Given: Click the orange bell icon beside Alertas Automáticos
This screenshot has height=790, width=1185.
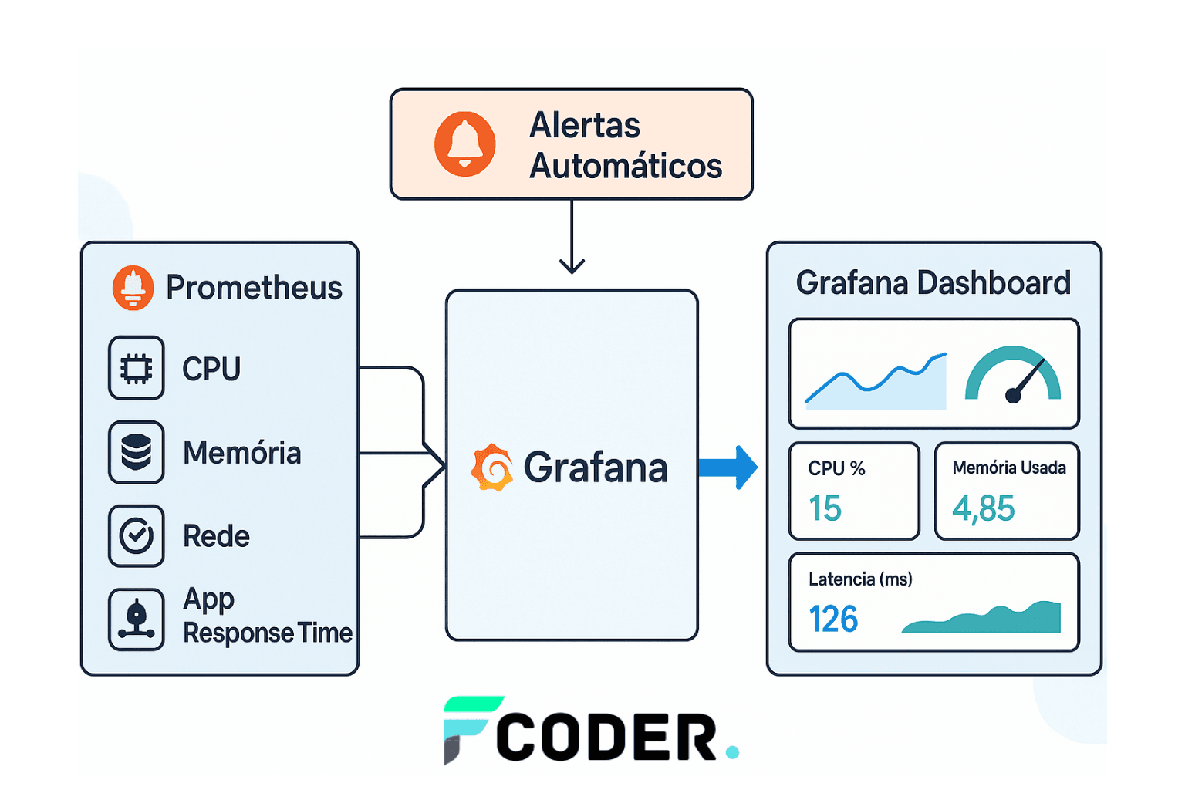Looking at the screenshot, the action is pos(464,144).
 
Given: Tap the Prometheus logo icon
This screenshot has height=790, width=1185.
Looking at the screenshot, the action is pos(133,287).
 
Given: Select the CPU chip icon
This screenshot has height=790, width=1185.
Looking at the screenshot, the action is pos(137,368).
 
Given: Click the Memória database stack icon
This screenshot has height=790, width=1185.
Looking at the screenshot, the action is pos(137,452).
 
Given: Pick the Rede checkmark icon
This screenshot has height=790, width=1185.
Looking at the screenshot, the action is pos(137,536).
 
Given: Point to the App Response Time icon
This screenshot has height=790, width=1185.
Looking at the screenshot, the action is pos(137,619).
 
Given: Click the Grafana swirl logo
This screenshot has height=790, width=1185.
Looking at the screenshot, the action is pos(492,468).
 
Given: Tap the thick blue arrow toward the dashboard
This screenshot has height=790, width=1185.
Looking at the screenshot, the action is pos(728,468).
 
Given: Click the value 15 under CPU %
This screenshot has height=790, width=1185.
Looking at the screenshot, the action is pos(825,508).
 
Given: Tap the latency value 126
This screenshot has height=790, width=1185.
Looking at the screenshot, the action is pos(833,619).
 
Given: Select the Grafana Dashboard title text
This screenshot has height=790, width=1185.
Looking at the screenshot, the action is pos(933,282).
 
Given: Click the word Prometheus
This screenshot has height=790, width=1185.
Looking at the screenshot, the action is pos(255,288).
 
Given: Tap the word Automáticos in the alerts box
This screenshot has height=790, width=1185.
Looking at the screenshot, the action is pos(626,166).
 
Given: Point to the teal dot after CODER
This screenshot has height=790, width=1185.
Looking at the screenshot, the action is pos(732,752).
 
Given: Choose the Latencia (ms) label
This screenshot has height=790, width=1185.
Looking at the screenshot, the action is pos(861,579).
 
